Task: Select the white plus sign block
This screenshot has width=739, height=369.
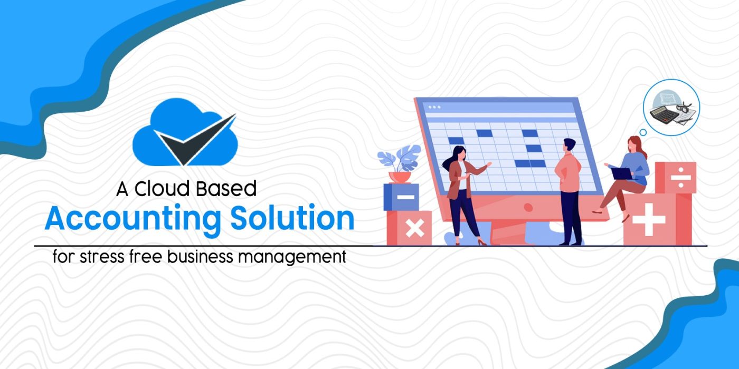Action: [x=649, y=219]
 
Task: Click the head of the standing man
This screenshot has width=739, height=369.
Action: [x=569, y=144]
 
